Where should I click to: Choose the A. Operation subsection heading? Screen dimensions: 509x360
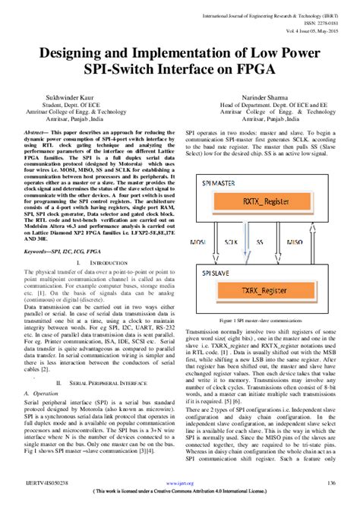41,394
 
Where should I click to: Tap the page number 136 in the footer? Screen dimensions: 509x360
331,483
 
